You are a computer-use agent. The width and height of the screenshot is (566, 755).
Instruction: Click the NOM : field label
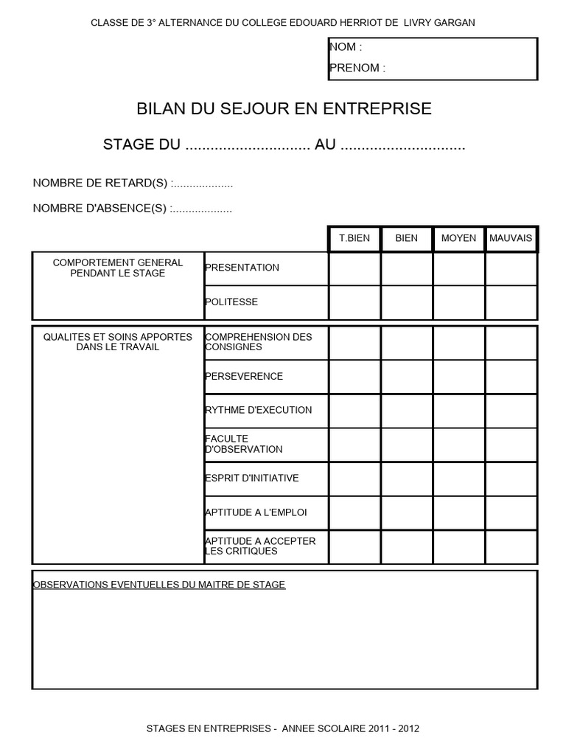[346, 47]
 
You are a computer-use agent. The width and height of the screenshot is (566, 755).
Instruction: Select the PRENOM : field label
[357, 68]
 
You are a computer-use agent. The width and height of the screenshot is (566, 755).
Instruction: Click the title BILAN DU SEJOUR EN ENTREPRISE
[284, 109]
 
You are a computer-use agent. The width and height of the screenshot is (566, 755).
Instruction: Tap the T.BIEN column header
[354, 238]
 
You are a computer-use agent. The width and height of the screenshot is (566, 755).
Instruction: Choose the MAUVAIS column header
[511, 238]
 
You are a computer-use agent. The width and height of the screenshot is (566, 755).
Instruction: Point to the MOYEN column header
[458, 238]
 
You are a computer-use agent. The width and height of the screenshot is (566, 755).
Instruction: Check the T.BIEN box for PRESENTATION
[354, 268]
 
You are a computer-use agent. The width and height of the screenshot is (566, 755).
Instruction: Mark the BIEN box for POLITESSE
[406, 302]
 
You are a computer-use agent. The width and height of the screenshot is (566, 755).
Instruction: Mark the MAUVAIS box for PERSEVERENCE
[511, 377]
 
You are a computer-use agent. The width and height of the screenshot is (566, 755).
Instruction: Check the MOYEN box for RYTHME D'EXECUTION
[458, 411]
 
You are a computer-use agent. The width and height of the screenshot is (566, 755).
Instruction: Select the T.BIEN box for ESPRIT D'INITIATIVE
[354, 479]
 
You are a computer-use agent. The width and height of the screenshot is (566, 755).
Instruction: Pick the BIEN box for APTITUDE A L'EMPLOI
[406, 512]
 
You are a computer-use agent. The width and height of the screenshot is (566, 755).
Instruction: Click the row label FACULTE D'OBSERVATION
[243, 444]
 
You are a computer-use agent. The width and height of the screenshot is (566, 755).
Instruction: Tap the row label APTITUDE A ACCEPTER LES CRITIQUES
[259, 546]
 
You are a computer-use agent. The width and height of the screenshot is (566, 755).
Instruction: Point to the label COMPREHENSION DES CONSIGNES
[258, 341]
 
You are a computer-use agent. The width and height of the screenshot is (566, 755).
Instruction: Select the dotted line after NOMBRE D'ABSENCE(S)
[201, 209]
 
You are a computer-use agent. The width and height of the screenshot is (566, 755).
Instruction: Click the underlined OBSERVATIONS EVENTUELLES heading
[159, 585]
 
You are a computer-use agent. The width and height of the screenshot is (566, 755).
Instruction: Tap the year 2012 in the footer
[408, 728]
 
